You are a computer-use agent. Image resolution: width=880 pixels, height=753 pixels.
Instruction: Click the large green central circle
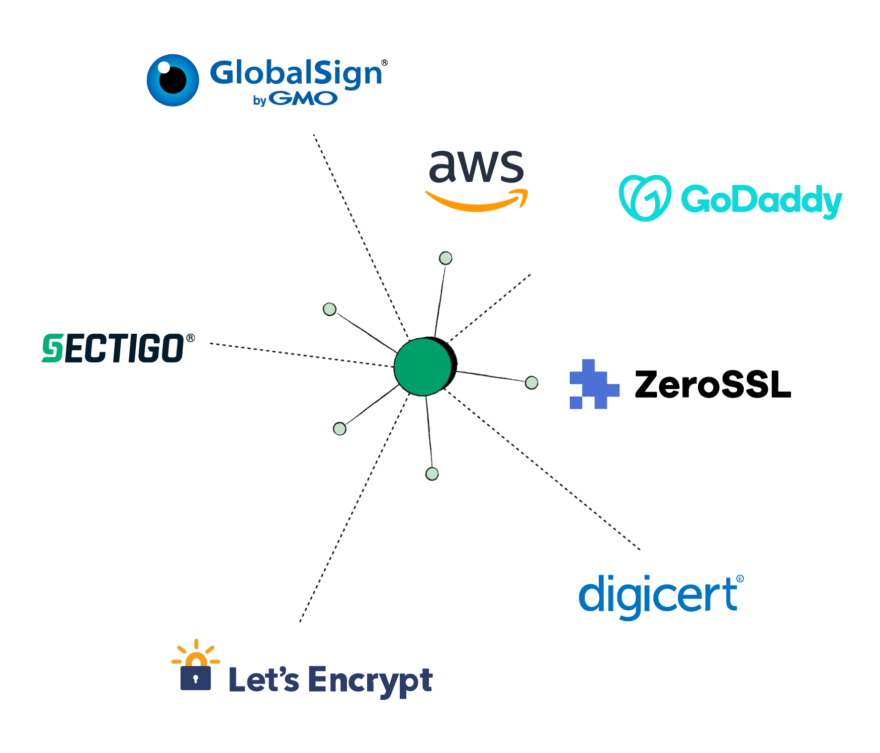pyautogui.click(x=423, y=366)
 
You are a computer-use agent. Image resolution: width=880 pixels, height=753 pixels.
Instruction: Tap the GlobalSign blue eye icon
pyautogui.click(x=172, y=80)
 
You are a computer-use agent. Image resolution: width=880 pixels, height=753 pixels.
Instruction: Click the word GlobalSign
pyautogui.click(x=296, y=73)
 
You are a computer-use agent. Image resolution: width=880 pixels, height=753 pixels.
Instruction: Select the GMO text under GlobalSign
pyautogui.click(x=303, y=99)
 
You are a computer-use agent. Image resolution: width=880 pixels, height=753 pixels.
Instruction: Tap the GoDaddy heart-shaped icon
pyautogui.click(x=645, y=198)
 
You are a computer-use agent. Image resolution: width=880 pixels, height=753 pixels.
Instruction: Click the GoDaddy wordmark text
pyautogui.click(x=761, y=200)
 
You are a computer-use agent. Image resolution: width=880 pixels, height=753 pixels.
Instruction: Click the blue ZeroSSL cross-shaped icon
pyautogui.click(x=594, y=384)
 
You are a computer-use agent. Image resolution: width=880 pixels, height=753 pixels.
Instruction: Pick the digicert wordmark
pyautogui.click(x=659, y=596)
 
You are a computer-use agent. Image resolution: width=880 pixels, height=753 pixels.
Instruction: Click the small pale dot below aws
pyautogui.click(x=446, y=258)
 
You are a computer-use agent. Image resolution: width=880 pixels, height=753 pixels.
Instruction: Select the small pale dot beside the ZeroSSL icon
pyautogui.click(x=532, y=383)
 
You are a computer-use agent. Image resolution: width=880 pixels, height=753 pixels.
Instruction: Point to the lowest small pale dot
pyautogui.click(x=432, y=474)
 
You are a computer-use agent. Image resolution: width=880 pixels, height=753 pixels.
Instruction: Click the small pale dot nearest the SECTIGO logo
pyautogui.click(x=329, y=309)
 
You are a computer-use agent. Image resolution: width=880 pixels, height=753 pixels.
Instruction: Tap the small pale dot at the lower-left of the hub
pyautogui.click(x=340, y=429)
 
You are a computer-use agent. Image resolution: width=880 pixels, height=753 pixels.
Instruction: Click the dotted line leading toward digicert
pyautogui.click(x=543, y=473)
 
